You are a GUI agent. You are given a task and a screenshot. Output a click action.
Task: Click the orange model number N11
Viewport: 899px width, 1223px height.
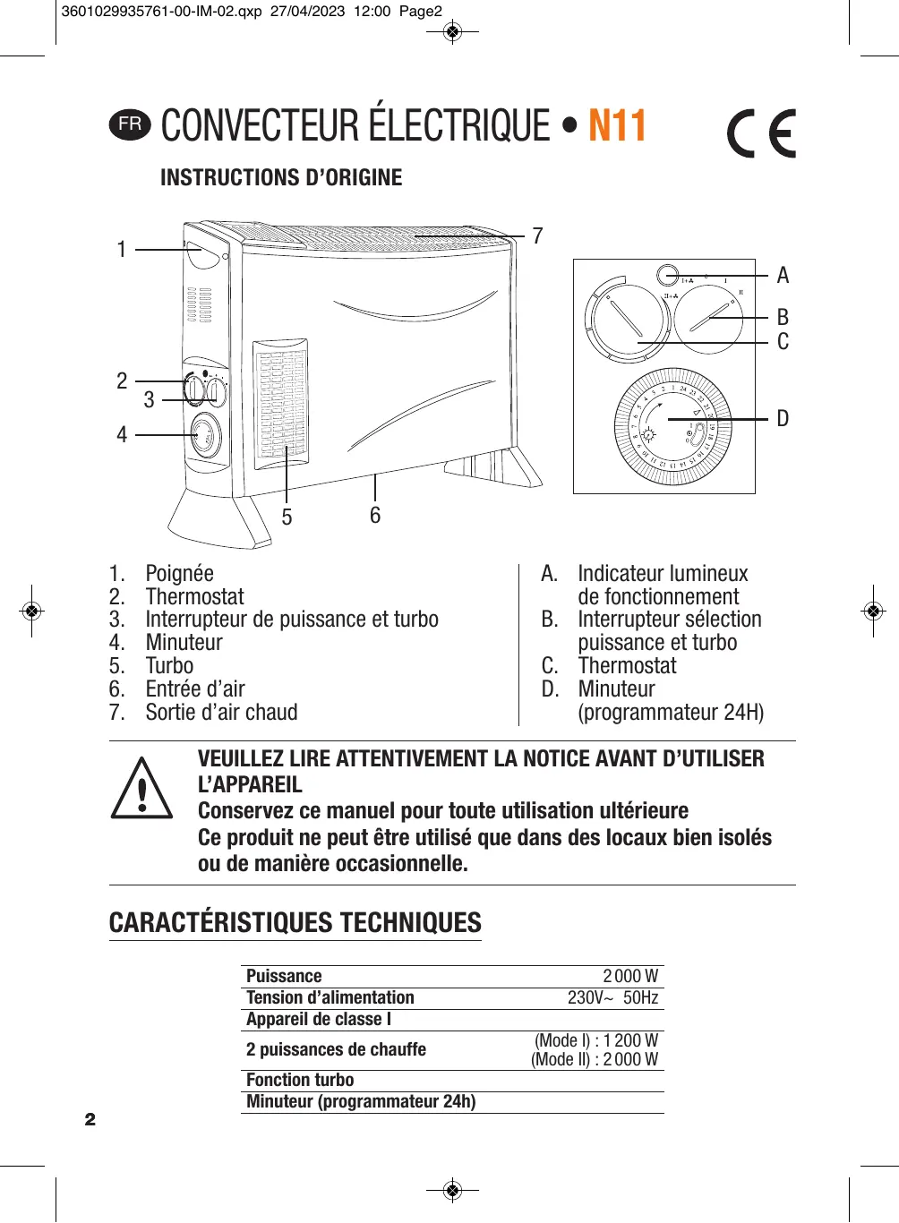click(x=617, y=126)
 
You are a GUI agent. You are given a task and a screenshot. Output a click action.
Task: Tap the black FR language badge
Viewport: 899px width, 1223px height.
click(x=130, y=124)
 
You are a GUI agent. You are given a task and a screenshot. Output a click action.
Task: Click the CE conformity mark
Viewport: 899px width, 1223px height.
click(x=761, y=134)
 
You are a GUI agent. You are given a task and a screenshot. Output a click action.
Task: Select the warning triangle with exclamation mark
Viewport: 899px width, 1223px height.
click(x=141, y=789)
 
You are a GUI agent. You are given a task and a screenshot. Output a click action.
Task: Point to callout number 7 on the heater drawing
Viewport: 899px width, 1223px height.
click(x=537, y=236)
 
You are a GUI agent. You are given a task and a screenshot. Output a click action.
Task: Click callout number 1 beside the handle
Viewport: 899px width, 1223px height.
click(x=122, y=250)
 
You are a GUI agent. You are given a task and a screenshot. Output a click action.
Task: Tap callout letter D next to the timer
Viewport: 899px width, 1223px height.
click(x=783, y=419)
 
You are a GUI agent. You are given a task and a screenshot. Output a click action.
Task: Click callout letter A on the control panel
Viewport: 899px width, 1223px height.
click(x=783, y=276)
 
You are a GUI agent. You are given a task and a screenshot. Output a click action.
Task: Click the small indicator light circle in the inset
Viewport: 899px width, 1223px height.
click(x=667, y=276)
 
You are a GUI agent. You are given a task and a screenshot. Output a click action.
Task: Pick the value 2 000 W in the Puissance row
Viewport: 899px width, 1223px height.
click(x=630, y=977)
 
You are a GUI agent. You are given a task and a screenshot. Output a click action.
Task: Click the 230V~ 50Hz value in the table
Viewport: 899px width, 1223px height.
click(x=612, y=998)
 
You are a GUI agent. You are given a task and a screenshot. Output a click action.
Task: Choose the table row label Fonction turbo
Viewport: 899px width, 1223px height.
click(x=300, y=1081)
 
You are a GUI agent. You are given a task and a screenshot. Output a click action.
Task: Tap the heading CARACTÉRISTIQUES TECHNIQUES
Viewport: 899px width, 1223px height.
click(x=295, y=923)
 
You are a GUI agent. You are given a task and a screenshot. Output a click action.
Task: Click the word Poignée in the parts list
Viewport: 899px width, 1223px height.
click(x=179, y=574)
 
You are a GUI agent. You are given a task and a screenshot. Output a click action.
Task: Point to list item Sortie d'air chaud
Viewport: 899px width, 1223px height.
click(x=221, y=713)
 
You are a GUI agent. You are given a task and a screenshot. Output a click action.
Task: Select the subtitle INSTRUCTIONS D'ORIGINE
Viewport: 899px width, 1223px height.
click(x=281, y=178)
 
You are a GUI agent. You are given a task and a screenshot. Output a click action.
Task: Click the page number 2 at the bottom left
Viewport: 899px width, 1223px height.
click(x=90, y=1120)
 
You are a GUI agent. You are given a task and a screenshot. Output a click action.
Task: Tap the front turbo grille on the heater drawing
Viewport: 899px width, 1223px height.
click(x=281, y=403)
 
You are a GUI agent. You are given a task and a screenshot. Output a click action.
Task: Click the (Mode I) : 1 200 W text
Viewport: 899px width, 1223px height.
click(x=596, y=1041)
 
